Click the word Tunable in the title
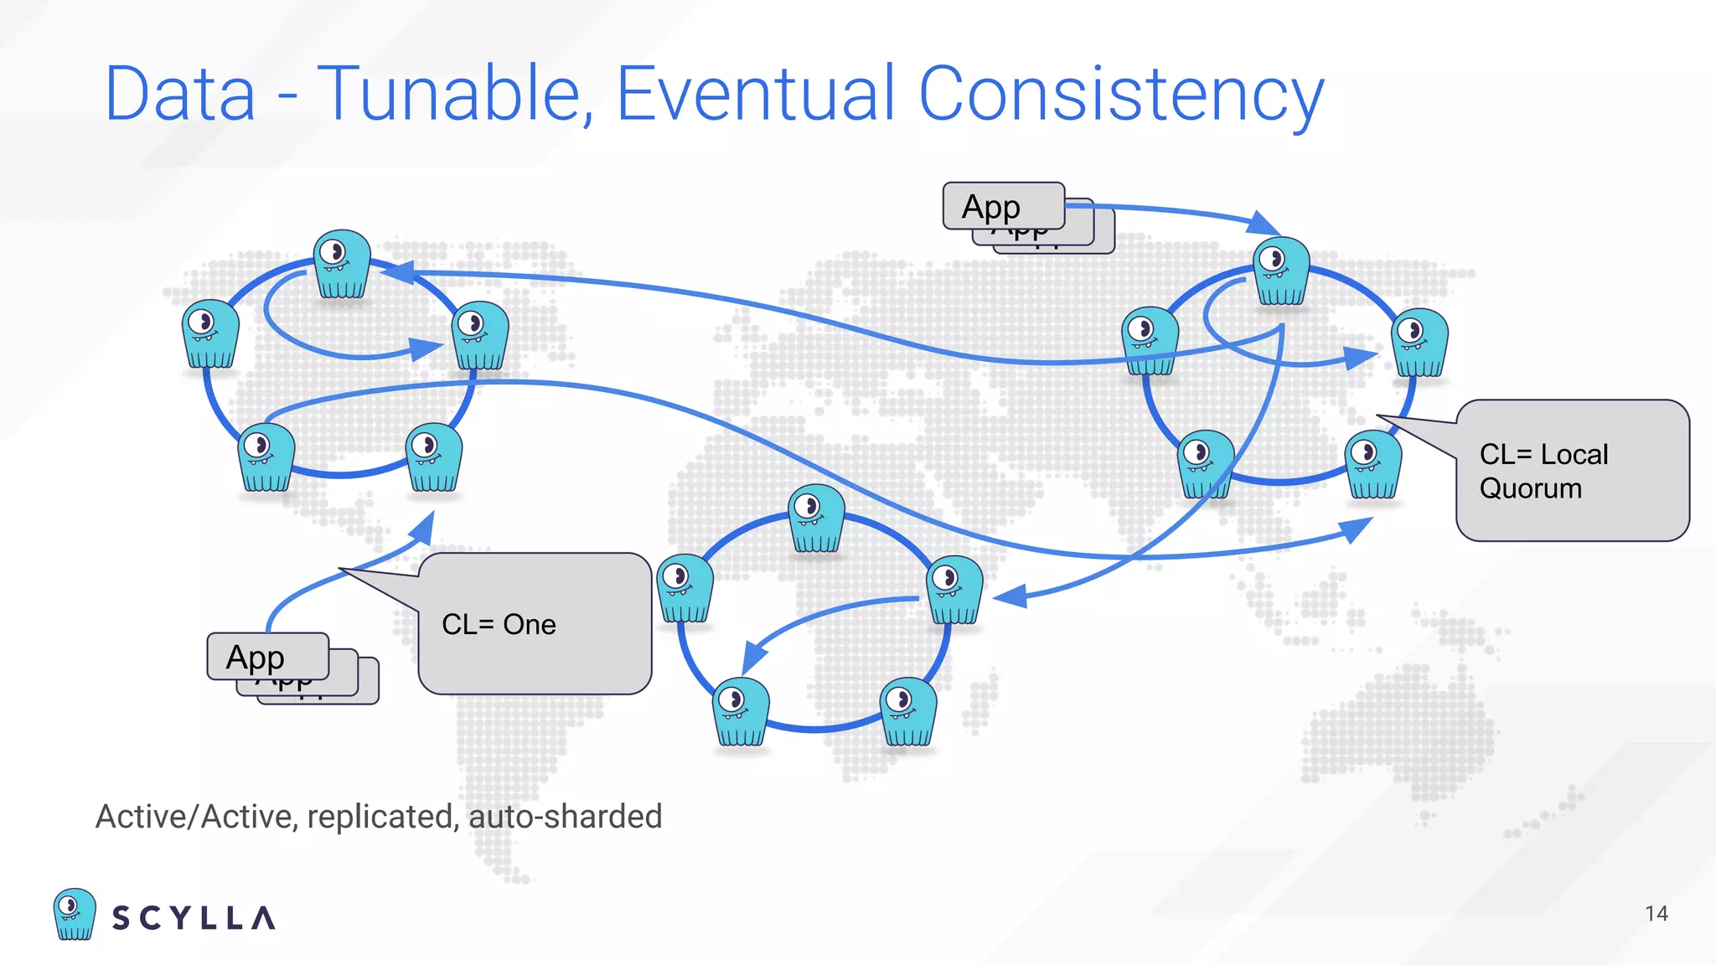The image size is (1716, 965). pos(449,94)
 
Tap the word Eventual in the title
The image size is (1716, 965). pos(757,94)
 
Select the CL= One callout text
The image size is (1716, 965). pos(499,624)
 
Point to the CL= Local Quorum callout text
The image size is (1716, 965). pos(1543,471)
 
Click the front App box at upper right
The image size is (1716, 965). pos(1003,206)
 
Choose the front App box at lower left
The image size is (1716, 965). pos(267,657)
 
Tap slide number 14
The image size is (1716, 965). pos(1656,913)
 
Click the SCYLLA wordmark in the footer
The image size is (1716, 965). pos(194,918)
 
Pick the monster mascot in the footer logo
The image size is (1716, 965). pos(75,914)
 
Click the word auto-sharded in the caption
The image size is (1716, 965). pos(566,817)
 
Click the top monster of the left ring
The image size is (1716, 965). pos(342,264)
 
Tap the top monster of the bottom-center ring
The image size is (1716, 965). pos(816,519)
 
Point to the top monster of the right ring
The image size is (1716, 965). pos(1281,271)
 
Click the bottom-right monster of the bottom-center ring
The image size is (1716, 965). pos(908,711)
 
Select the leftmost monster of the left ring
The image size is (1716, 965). pos(210,333)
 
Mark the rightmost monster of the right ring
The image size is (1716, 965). pos(1419,342)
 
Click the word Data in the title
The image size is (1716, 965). pos(179,94)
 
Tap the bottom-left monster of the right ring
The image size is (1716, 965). pos(1205,464)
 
